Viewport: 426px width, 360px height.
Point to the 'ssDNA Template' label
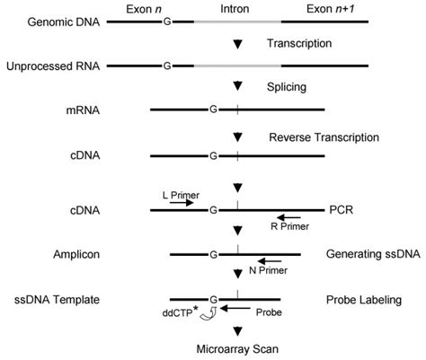click(50, 300)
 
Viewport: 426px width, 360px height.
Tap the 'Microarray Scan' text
click(236, 351)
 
